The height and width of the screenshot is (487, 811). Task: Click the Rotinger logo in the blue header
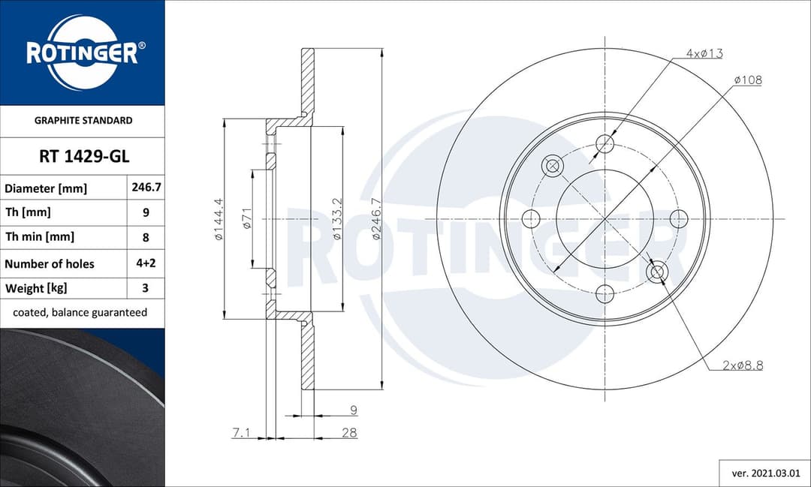[82, 53]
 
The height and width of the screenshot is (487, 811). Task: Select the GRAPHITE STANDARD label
[83, 120]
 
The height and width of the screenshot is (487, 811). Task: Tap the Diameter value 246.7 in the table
[146, 188]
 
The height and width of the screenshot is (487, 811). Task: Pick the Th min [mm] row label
[40, 237]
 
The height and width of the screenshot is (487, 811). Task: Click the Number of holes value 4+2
[146, 263]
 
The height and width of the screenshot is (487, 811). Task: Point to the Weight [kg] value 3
[146, 287]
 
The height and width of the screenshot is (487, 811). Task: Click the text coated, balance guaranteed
[80, 312]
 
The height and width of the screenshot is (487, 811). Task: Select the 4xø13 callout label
[704, 53]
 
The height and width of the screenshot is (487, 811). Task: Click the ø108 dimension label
[747, 80]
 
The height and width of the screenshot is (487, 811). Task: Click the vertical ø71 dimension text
[246, 219]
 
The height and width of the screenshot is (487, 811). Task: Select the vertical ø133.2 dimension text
[338, 219]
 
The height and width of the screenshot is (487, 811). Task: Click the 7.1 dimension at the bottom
[242, 432]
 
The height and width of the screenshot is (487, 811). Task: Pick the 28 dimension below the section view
[348, 432]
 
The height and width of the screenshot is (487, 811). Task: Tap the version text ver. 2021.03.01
[764, 473]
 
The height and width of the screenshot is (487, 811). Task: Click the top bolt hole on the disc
[605, 144]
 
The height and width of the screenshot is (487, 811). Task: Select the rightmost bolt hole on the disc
[679, 218]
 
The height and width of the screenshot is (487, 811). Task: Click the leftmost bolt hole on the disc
[531, 218]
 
